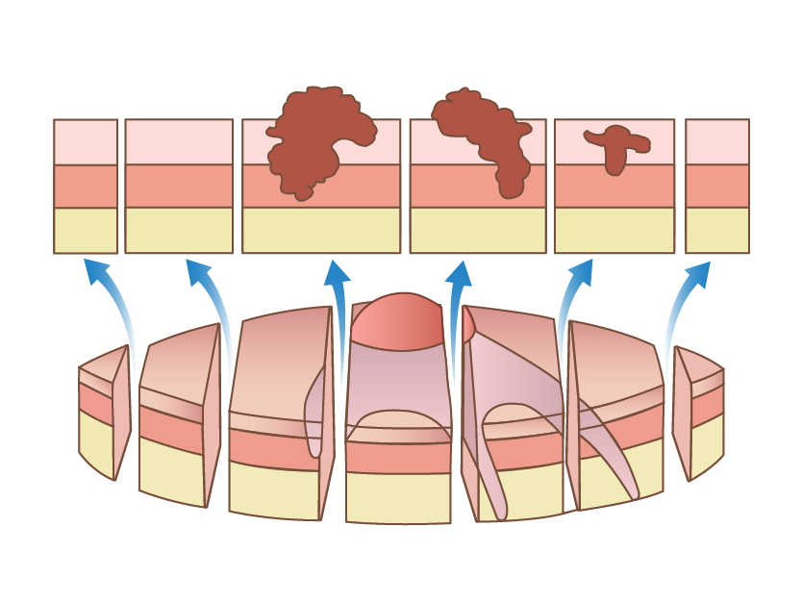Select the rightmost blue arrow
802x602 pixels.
[x=678, y=308]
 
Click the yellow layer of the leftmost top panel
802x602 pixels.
[x=86, y=231]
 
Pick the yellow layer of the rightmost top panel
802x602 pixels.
[x=716, y=231]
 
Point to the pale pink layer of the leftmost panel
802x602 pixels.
[x=86, y=141]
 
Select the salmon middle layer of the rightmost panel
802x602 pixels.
[x=716, y=186]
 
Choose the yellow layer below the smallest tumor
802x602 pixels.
[x=614, y=231]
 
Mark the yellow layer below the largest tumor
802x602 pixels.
[x=321, y=231]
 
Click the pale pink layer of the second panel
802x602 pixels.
[x=179, y=141]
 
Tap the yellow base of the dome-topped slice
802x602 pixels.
[x=398, y=497]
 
